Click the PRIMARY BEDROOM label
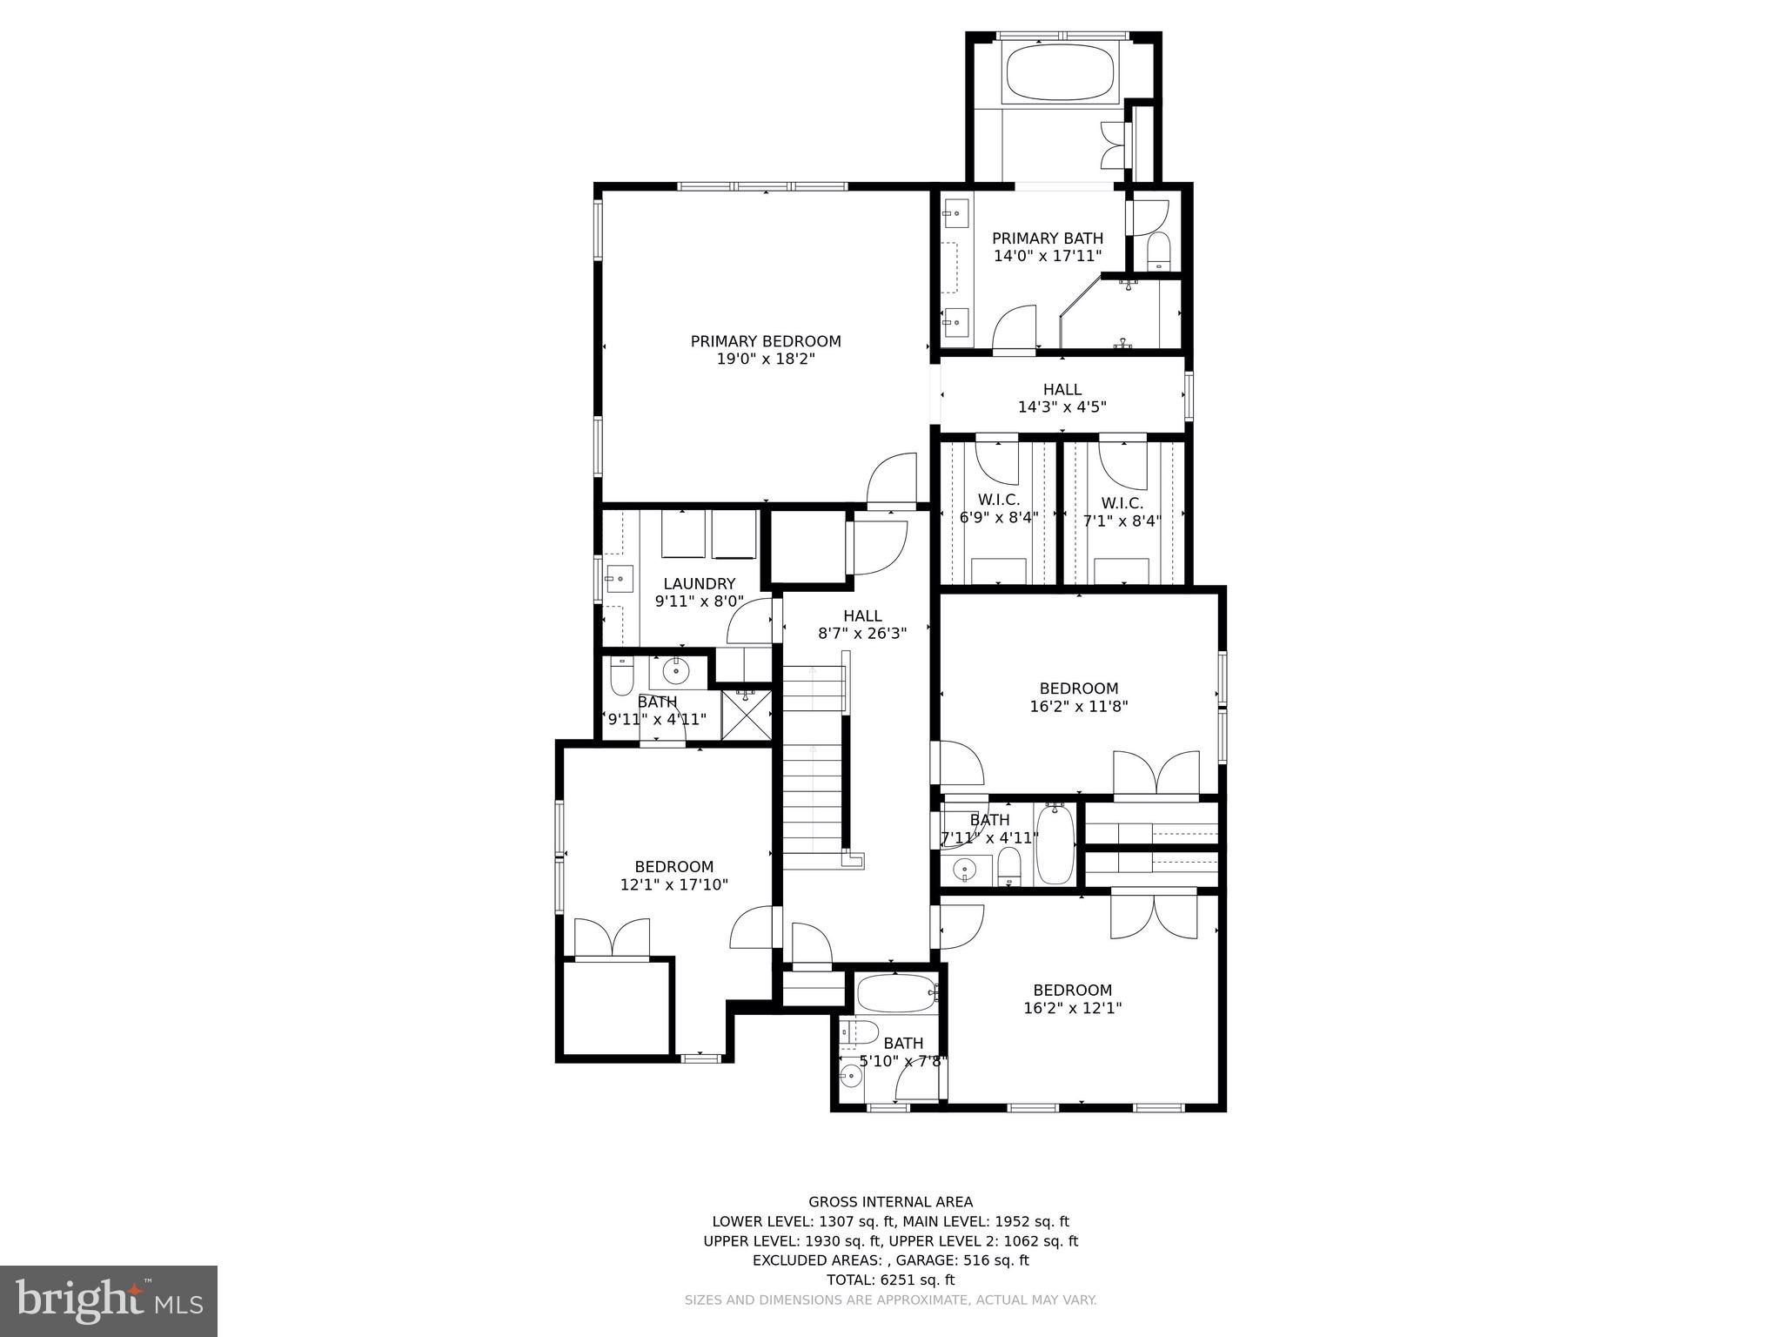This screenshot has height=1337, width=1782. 766,341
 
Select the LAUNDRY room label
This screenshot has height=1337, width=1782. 699,583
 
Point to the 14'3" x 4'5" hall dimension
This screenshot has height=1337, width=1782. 1062,406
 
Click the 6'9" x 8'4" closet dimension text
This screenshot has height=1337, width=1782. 999,517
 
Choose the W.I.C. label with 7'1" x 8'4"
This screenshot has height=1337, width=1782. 1122,503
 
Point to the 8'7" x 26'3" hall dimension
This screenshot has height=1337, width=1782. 861,634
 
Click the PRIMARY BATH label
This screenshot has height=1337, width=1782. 1047,239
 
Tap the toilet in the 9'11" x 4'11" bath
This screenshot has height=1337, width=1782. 620,677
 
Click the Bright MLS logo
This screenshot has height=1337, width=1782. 108,1300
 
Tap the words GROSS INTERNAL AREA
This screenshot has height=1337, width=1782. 890,1202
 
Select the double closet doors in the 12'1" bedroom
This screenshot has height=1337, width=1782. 613,938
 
